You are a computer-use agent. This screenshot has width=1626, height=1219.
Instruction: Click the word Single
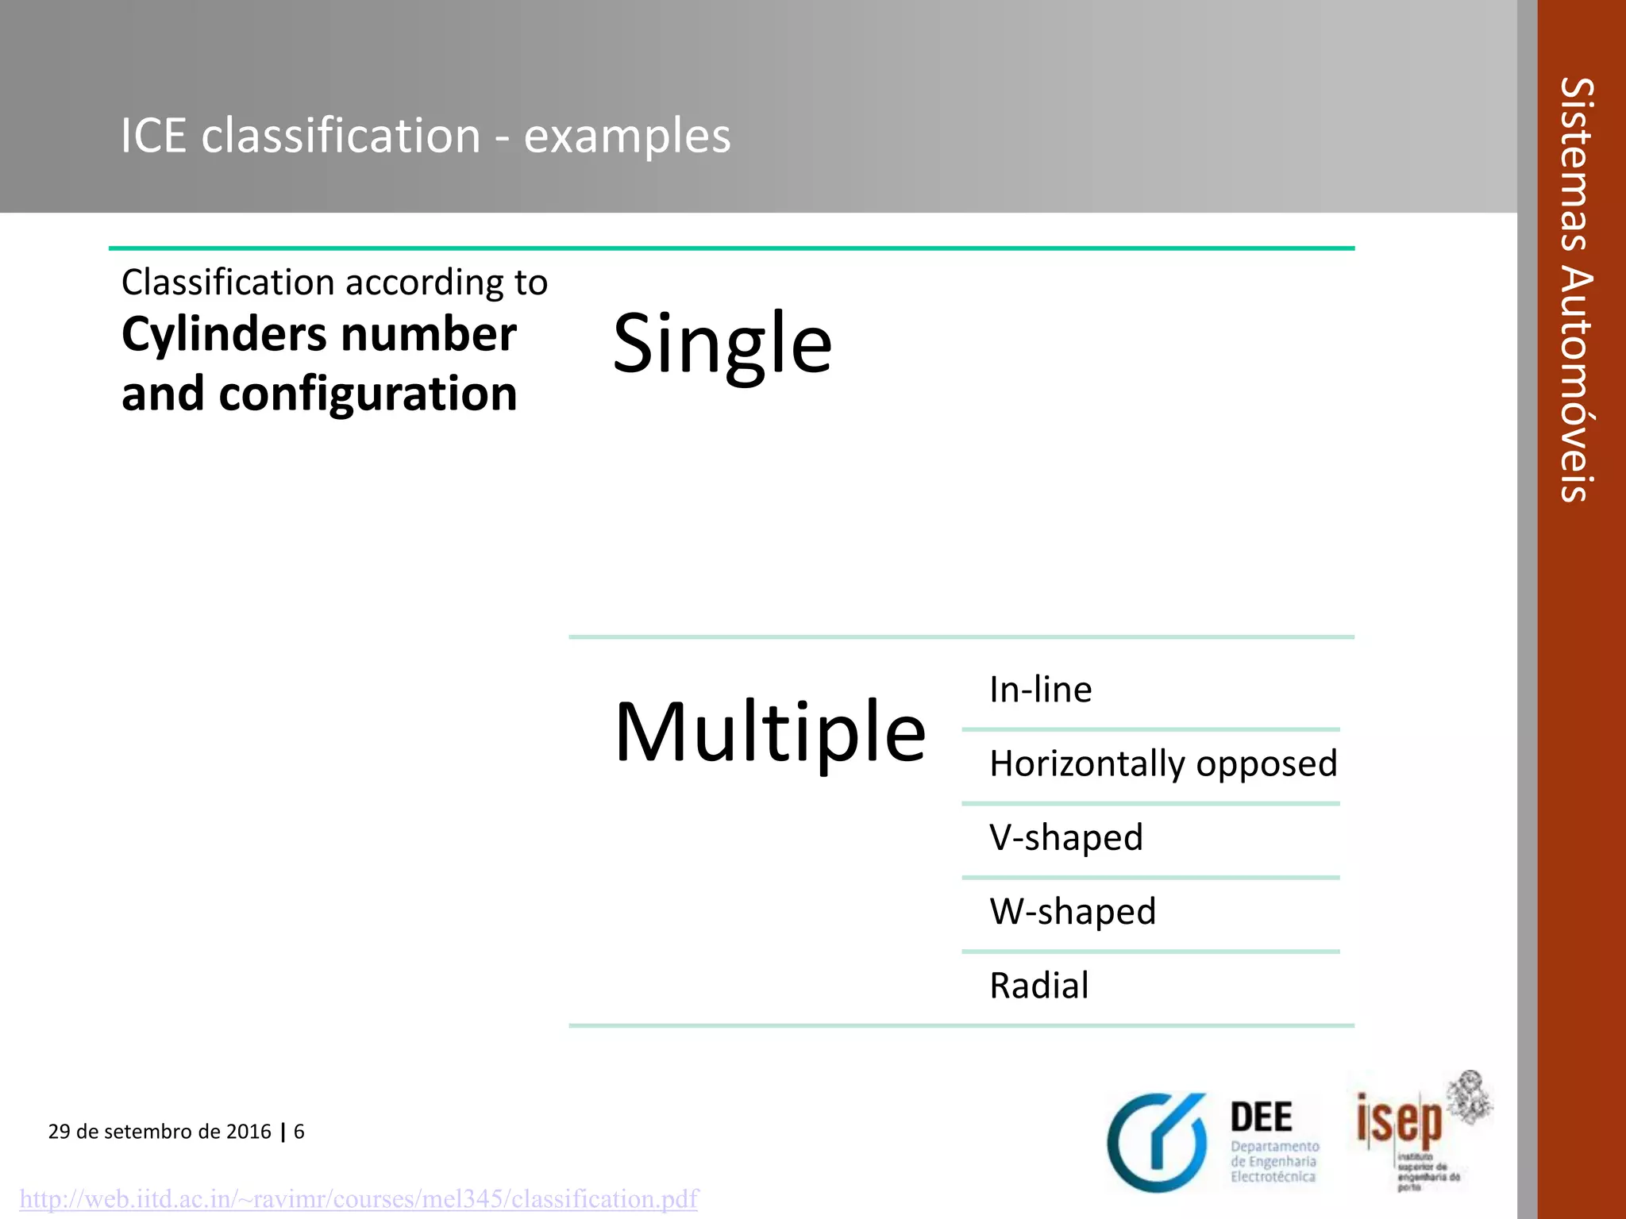[722, 343]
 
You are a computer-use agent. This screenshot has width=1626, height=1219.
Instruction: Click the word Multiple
[769, 732]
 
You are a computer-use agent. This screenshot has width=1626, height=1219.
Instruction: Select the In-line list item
[1040, 689]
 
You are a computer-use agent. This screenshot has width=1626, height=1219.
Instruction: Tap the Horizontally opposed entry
[1163, 763]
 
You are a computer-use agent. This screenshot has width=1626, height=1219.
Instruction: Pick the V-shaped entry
[1065, 837]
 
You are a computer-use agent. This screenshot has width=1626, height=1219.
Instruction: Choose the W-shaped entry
[1072, 911]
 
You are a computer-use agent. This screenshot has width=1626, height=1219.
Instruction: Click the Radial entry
[1038, 986]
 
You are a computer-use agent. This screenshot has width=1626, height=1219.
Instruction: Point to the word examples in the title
[627, 136]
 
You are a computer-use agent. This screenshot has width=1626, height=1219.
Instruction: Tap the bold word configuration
[368, 394]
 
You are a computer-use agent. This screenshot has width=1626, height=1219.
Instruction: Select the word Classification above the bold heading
[228, 283]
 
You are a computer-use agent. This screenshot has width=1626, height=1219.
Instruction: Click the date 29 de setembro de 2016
[160, 1131]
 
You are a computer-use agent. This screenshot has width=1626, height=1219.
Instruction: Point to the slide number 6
[299, 1131]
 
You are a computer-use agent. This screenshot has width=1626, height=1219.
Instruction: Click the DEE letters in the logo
[1261, 1117]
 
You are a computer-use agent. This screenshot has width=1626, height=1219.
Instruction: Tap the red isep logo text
[1399, 1120]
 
